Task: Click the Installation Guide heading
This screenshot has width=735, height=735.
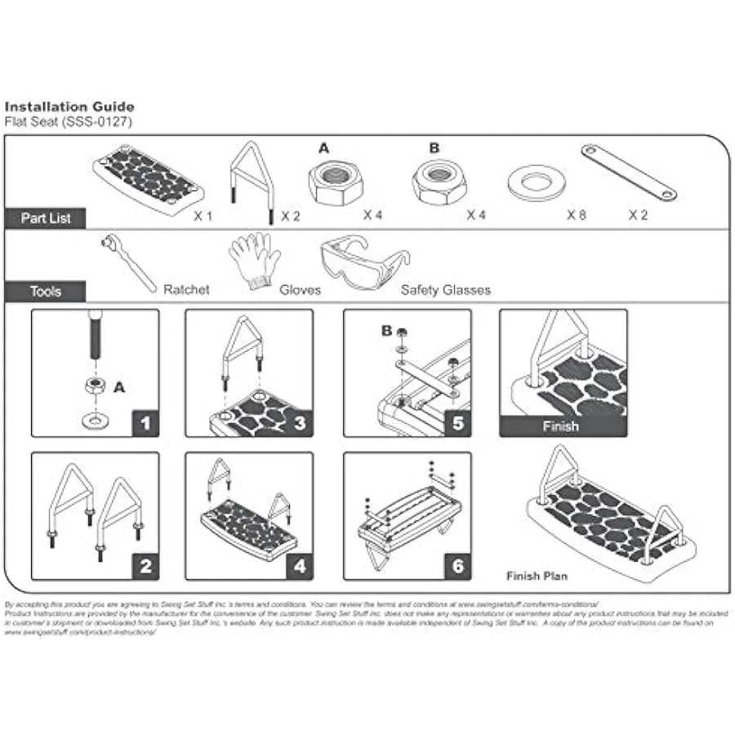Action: pos(69,106)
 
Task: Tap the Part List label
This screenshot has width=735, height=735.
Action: pos(45,218)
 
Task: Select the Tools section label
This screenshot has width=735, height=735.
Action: pos(45,291)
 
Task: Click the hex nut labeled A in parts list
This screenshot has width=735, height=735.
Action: pos(335,180)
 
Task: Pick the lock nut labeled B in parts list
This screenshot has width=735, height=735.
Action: pos(439,181)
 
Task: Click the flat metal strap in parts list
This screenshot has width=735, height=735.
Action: pos(628,172)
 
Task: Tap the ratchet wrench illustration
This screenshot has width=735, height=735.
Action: pos(128,261)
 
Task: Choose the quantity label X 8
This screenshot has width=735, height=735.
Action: pos(577,216)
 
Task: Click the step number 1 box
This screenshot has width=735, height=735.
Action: pos(145,423)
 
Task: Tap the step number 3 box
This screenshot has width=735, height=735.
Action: pos(300,423)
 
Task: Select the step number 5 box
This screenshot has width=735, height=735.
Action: pos(457,423)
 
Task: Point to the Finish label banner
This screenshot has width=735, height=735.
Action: pos(562,426)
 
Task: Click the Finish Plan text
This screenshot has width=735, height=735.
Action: pos(537,576)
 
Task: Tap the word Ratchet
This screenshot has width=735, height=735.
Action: pos(186,290)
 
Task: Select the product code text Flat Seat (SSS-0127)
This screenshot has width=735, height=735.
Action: pos(68,121)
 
